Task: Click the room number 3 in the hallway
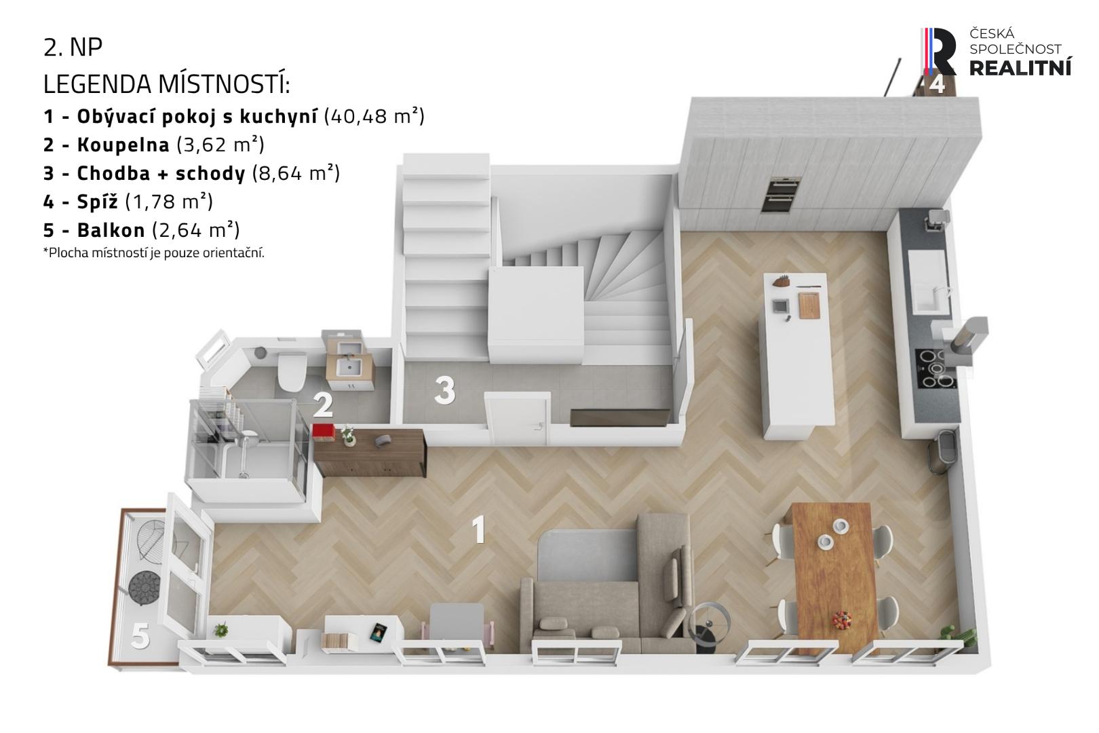tap(445, 390)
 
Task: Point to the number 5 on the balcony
tap(140, 636)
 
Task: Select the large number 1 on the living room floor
tap(478, 529)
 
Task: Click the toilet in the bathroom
tap(292, 372)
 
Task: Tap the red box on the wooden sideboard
tap(324, 432)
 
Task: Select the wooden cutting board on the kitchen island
tap(809, 305)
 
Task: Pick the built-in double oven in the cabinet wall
tap(780, 194)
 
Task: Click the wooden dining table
tap(834, 577)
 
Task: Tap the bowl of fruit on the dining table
tap(841, 620)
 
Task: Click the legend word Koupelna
tap(123, 145)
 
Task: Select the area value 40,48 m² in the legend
tap(374, 116)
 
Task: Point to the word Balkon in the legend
tap(111, 230)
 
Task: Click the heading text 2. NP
tap(73, 48)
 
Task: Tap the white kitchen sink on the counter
tap(927, 281)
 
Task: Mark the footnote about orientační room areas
tap(153, 253)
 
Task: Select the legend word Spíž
tap(97, 202)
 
